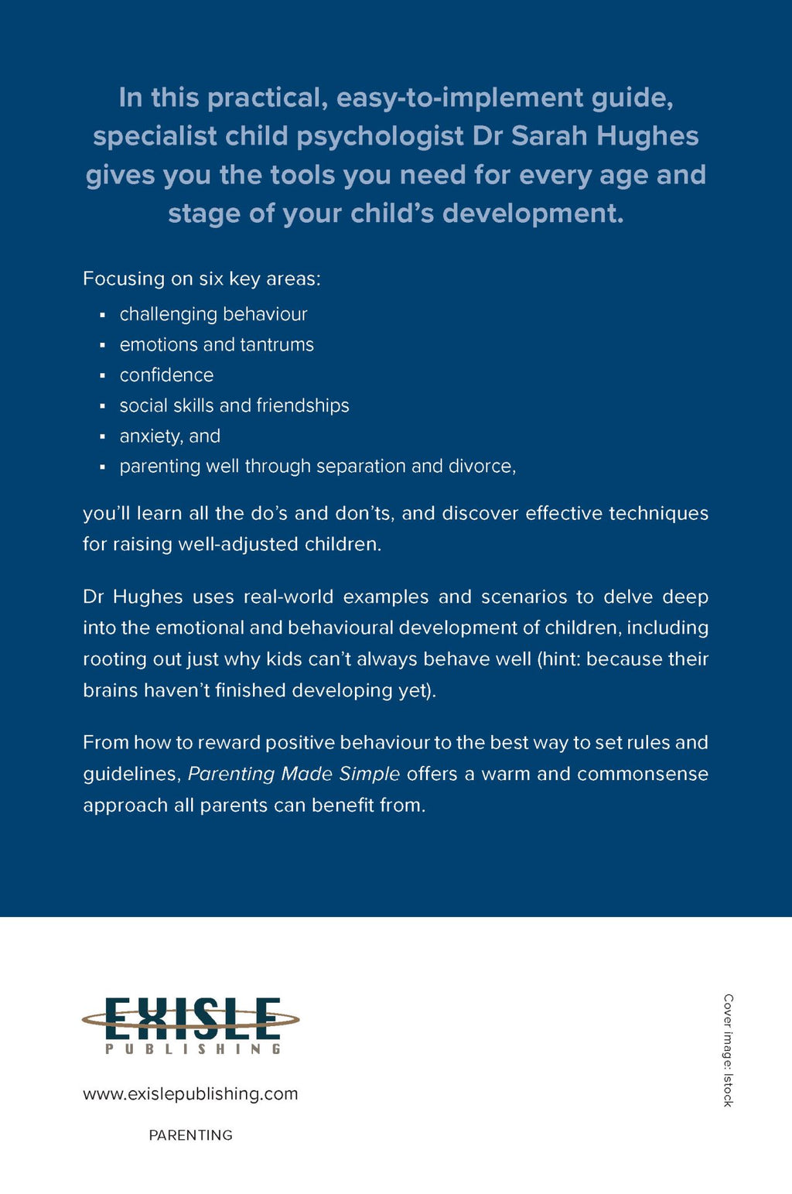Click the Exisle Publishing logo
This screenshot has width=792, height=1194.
point(190,1024)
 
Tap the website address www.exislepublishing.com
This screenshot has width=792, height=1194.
point(190,1093)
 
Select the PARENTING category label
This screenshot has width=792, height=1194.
point(190,1135)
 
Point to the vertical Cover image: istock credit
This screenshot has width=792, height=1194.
point(728,1050)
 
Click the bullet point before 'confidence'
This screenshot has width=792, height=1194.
point(102,376)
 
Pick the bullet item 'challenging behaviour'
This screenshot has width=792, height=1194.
point(213,314)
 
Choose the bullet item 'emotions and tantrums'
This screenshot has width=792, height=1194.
point(217,344)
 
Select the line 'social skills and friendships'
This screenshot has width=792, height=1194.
point(234,405)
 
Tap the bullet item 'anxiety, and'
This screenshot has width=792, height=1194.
point(169,436)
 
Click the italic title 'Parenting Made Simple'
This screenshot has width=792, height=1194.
point(294,774)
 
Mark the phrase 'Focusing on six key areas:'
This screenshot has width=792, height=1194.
point(201,279)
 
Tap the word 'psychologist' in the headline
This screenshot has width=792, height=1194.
point(381,136)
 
